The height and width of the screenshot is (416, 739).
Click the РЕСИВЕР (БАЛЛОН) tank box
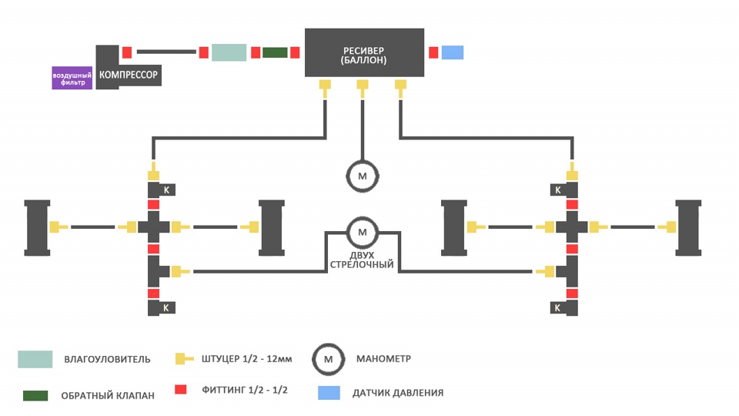[x=364, y=52]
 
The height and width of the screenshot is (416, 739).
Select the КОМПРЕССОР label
[x=129, y=75]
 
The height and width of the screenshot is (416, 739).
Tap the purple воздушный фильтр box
[x=72, y=79]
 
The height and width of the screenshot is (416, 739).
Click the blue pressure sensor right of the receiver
[x=453, y=52]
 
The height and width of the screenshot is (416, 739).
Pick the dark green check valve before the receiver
[x=275, y=52]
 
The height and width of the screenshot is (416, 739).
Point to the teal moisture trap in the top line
[x=229, y=52]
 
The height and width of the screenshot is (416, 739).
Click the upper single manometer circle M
[x=363, y=176]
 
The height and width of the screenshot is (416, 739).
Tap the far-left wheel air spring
[x=37, y=228]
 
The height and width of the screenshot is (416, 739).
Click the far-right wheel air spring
[x=688, y=228]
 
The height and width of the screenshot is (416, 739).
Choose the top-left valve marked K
[x=162, y=190]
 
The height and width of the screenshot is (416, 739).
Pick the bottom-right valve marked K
[x=564, y=308]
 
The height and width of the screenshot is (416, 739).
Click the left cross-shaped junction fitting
[x=154, y=226]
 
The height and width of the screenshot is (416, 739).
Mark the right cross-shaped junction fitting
[x=572, y=226]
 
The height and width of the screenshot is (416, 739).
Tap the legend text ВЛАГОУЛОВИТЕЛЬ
[x=108, y=360]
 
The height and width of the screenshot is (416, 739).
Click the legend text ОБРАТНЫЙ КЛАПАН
[x=108, y=396]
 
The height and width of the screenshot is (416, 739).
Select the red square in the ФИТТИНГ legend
[x=180, y=390]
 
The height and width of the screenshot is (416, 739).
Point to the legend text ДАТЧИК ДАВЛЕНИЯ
[x=398, y=393]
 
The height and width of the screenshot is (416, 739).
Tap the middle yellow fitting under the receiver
[x=363, y=88]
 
